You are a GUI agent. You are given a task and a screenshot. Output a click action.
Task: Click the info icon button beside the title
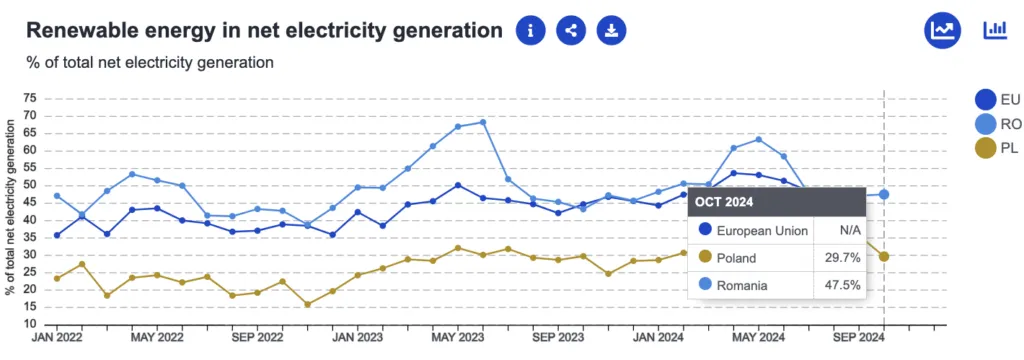(531, 30)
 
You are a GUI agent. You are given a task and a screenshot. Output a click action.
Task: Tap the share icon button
(571, 30)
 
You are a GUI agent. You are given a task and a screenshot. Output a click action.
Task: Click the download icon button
(611, 30)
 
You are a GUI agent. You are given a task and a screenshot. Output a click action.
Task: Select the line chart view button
(942, 30)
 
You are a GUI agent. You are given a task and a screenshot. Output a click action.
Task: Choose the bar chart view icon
(994, 30)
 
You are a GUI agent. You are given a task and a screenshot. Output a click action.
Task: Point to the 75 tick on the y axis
(29, 98)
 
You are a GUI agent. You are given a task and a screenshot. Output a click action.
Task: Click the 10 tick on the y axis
(29, 324)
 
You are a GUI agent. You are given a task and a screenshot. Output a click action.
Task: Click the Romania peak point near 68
(483, 122)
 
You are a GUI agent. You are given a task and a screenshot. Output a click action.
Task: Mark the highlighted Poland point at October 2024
(884, 256)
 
